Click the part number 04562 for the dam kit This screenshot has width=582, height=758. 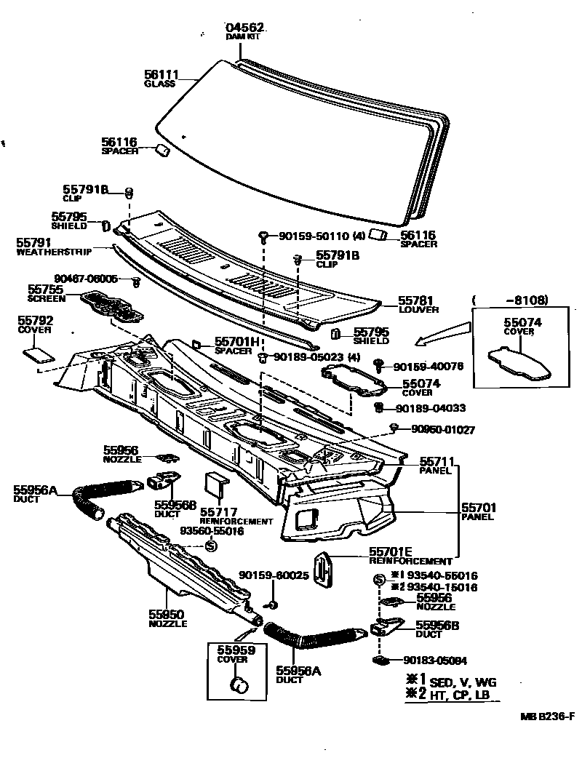click(x=244, y=28)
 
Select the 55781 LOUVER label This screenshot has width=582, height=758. click(x=418, y=303)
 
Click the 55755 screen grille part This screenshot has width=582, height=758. click(x=113, y=306)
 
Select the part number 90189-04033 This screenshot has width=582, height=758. click(x=429, y=408)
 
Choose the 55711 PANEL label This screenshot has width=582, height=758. click(x=436, y=465)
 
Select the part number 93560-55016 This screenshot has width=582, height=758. click(x=212, y=532)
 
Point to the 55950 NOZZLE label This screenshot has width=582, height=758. click(x=168, y=618)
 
